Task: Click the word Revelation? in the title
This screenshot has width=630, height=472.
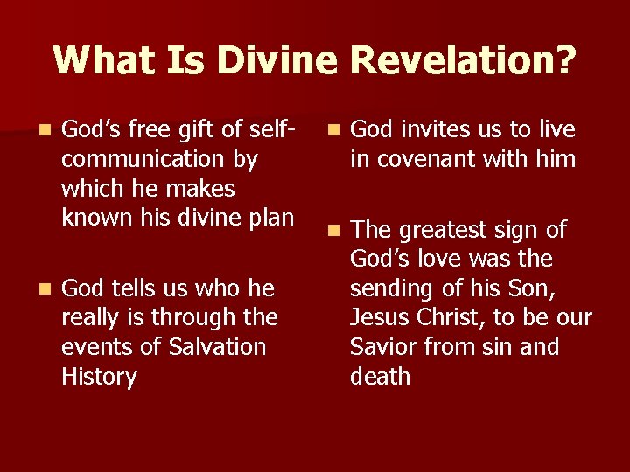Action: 464,59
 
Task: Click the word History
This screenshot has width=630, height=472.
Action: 99,377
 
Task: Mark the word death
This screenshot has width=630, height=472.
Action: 380,377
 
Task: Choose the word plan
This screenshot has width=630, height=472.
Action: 270,218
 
